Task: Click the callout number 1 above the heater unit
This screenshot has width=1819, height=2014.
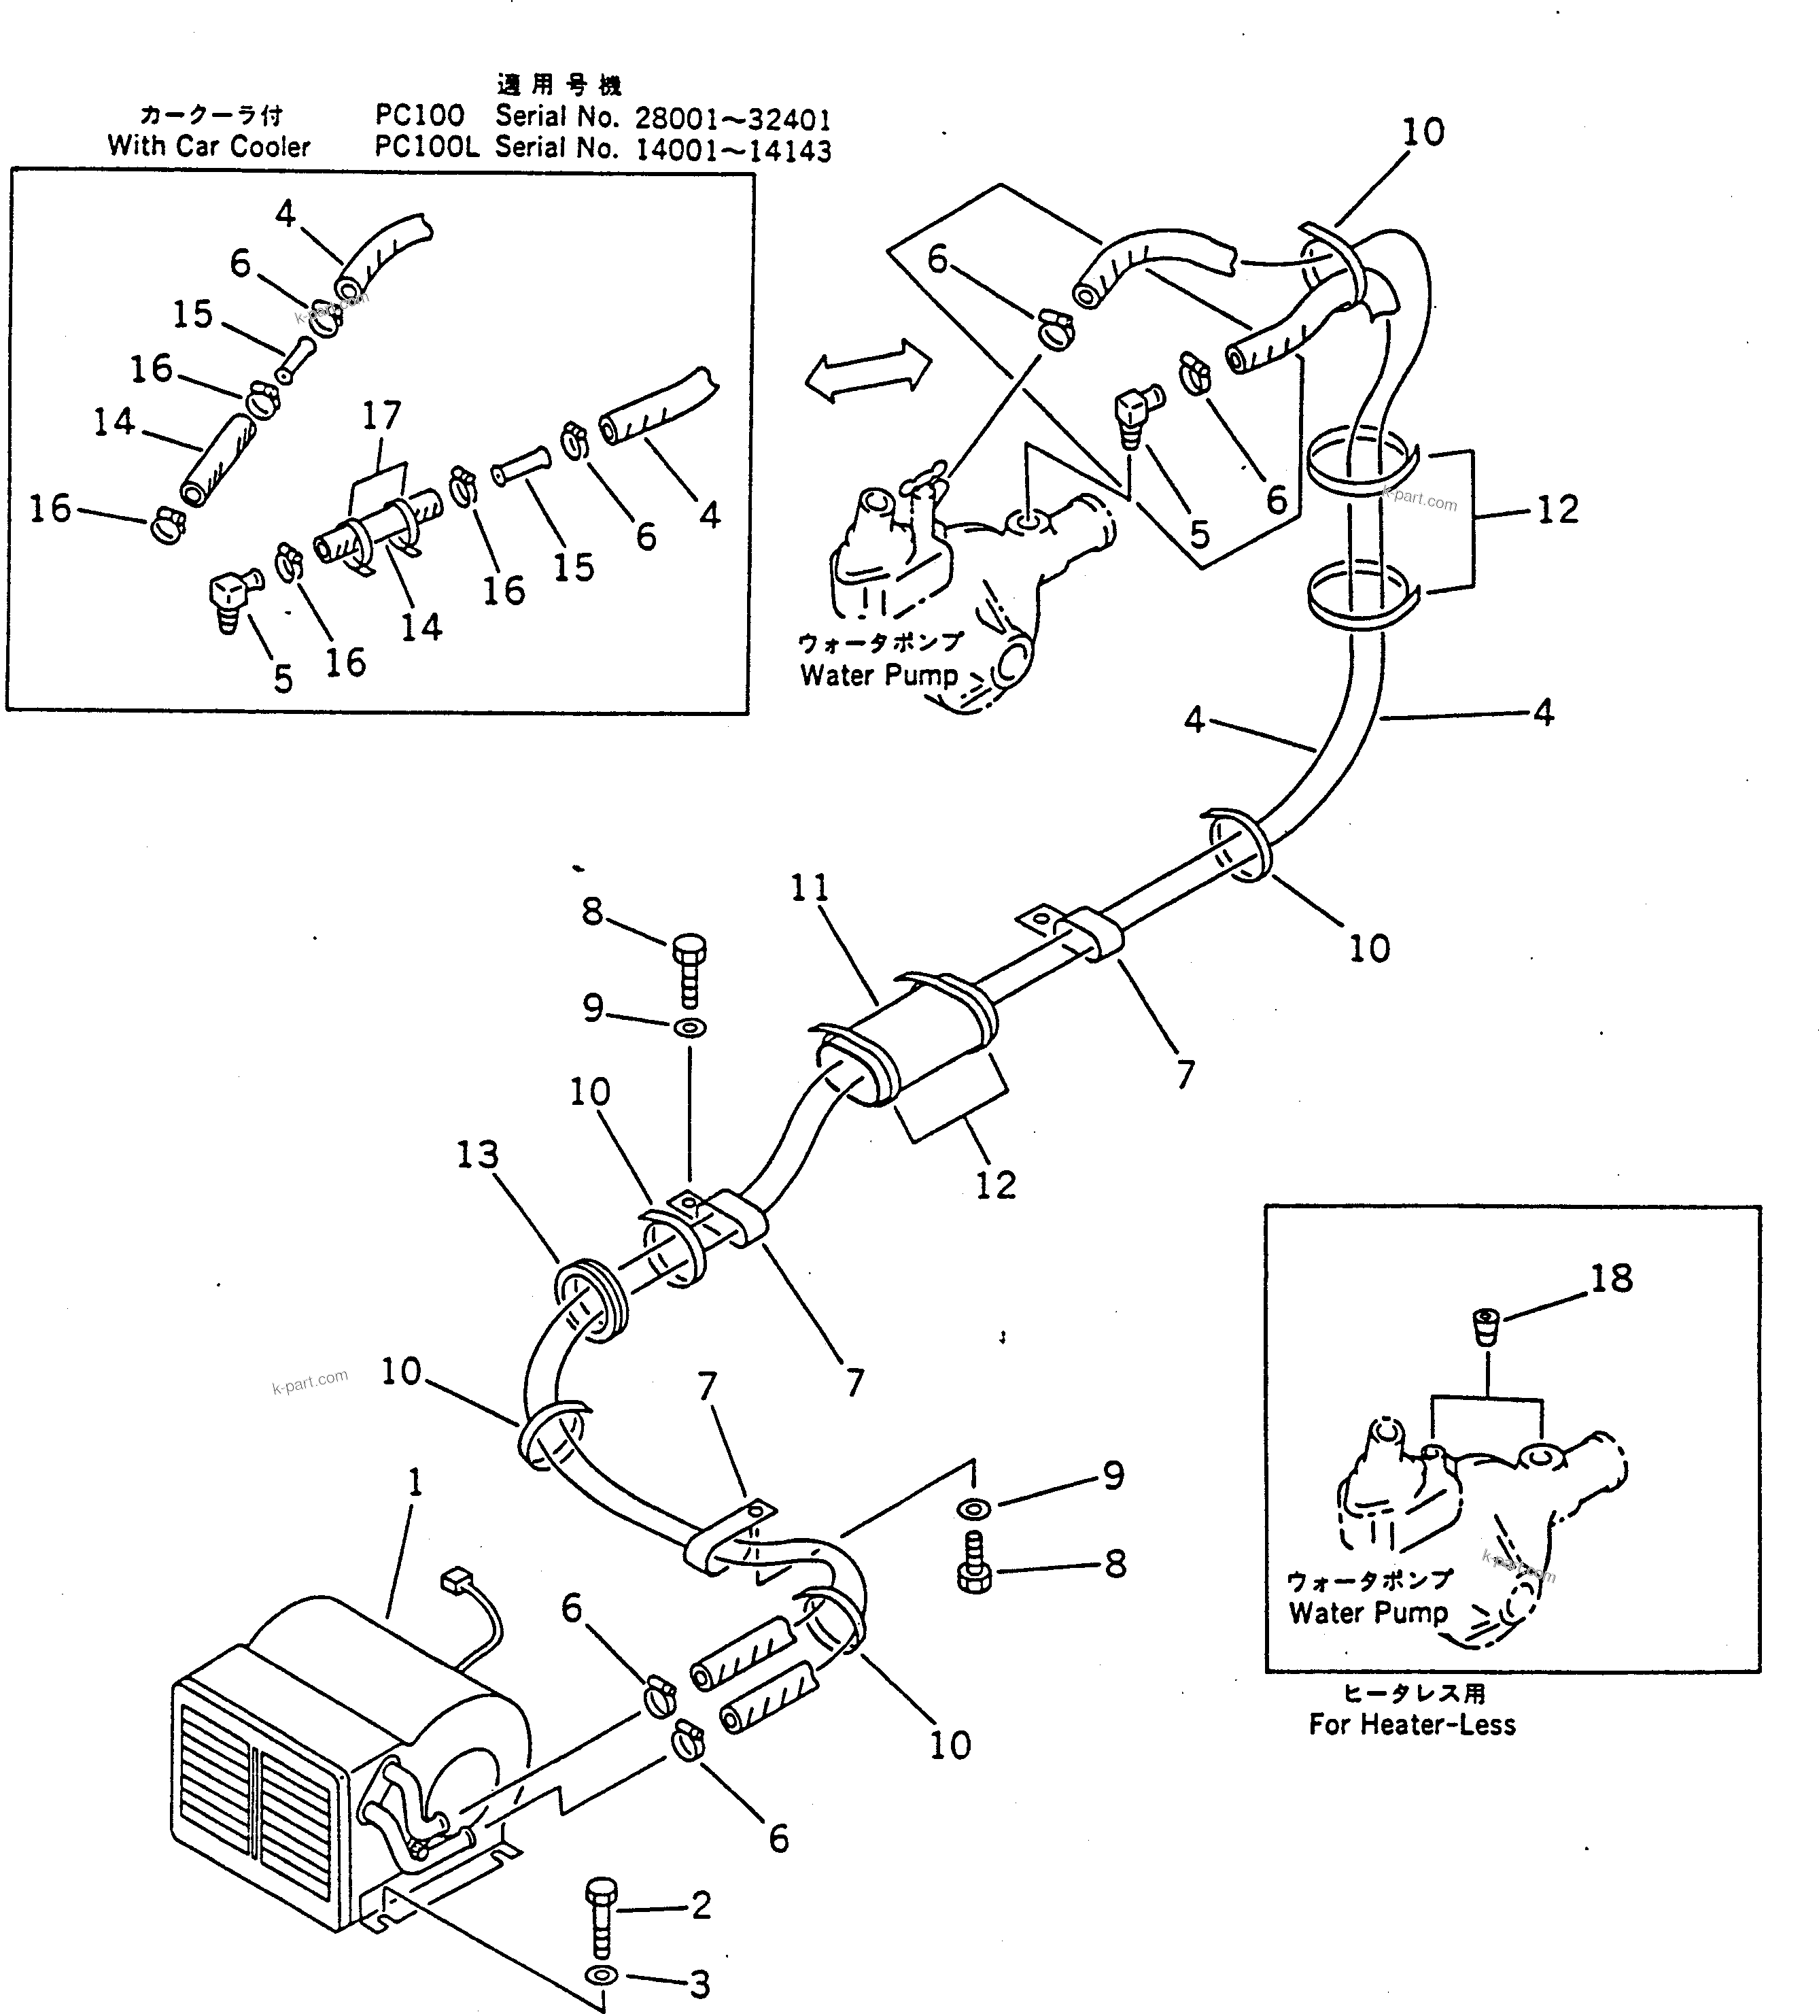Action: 415,1482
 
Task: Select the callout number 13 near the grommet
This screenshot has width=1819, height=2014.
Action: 477,1155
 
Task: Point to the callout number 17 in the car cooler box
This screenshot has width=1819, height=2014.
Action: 381,415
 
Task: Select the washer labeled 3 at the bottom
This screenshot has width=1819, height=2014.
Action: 602,1976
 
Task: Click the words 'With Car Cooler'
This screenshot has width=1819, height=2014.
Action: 209,147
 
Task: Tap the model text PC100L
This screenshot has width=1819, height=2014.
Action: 426,147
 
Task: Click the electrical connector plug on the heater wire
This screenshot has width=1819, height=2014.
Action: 457,1580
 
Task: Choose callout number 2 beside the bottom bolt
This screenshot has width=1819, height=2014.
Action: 700,1905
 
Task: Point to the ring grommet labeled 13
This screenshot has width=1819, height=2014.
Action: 589,1299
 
